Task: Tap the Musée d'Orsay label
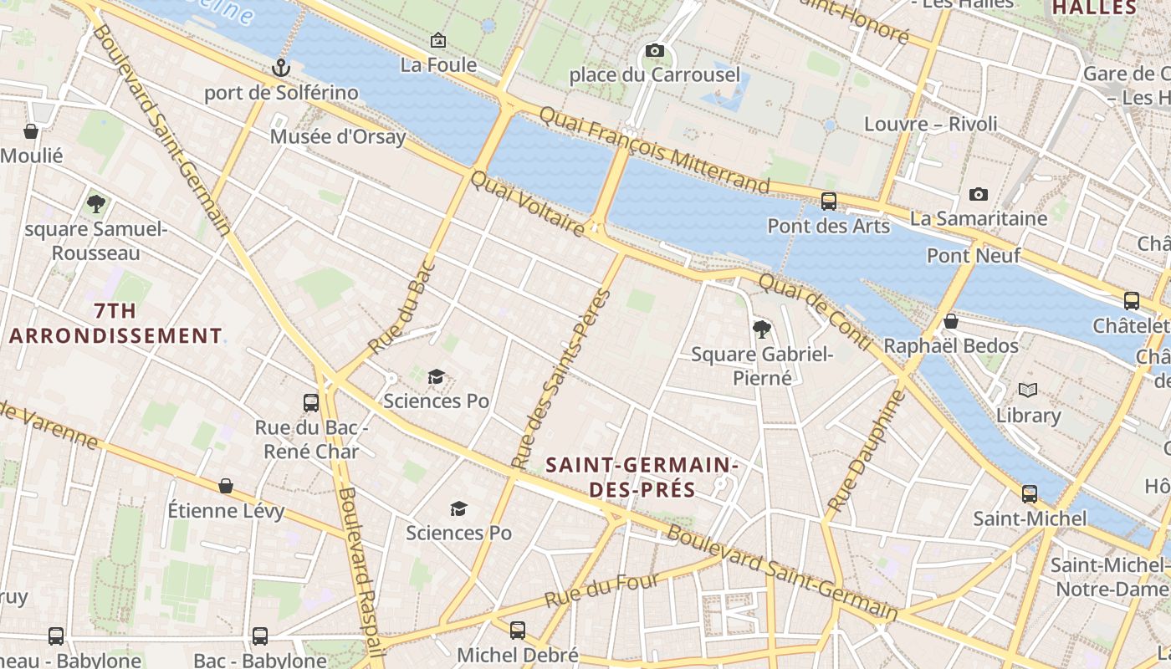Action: pyautogui.click(x=338, y=136)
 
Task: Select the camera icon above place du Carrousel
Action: pyautogui.click(x=655, y=51)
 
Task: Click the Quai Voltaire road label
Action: pyautogui.click(x=528, y=203)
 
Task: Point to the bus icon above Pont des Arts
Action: pyautogui.click(x=829, y=201)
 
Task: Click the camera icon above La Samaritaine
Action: pyautogui.click(x=978, y=195)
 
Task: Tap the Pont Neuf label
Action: pyautogui.click(x=974, y=255)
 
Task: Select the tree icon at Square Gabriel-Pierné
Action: pyautogui.click(x=761, y=329)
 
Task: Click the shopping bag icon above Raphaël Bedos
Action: pyautogui.click(x=951, y=321)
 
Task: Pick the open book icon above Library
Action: pyautogui.click(x=1028, y=391)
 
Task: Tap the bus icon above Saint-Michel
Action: pyautogui.click(x=1030, y=493)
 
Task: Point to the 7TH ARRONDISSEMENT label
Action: pyautogui.click(x=115, y=324)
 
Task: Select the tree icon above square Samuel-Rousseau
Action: pyautogui.click(x=96, y=203)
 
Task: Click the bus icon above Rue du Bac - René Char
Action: pyautogui.click(x=311, y=402)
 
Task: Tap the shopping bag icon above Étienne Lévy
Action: pyautogui.click(x=226, y=486)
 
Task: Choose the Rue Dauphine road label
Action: pyautogui.click(x=867, y=451)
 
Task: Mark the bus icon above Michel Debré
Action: pyautogui.click(x=518, y=630)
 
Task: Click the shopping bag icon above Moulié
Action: pyautogui.click(x=31, y=131)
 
